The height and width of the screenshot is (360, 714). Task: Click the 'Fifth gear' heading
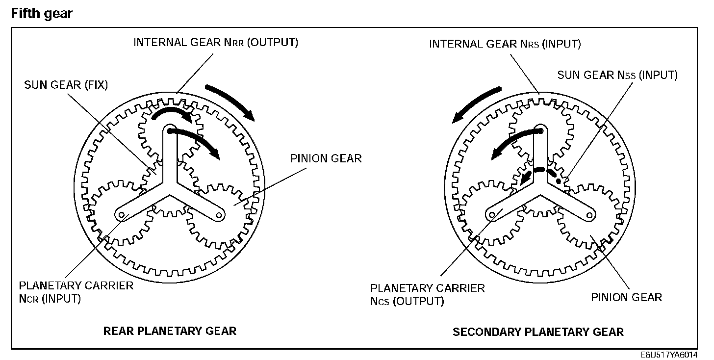(x=42, y=14)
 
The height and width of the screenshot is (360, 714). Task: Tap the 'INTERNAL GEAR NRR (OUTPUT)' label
(x=216, y=42)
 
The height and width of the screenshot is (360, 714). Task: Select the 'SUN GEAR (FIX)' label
(x=66, y=85)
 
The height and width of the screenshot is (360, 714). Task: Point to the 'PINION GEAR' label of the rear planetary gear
(x=326, y=158)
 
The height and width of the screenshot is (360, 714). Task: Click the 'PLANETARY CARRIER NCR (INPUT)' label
(x=76, y=292)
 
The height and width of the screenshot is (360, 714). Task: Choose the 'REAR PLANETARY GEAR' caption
(x=170, y=331)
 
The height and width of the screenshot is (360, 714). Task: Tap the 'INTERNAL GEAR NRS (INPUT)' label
(x=505, y=44)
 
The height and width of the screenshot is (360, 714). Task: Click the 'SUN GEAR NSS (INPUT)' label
(x=617, y=75)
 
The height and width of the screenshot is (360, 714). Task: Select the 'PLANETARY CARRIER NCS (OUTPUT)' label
(x=427, y=294)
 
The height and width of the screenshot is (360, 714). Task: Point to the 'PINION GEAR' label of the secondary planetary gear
(x=626, y=297)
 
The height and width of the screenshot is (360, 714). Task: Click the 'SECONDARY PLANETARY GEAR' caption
(x=538, y=332)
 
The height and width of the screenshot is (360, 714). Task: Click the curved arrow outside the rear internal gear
(x=230, y=102)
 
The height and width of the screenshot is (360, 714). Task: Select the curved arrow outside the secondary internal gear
(x=476, y=104)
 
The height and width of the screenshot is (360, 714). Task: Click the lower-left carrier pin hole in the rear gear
(x=120, y=214)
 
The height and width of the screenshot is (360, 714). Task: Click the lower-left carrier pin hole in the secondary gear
(x=491, y=214)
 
